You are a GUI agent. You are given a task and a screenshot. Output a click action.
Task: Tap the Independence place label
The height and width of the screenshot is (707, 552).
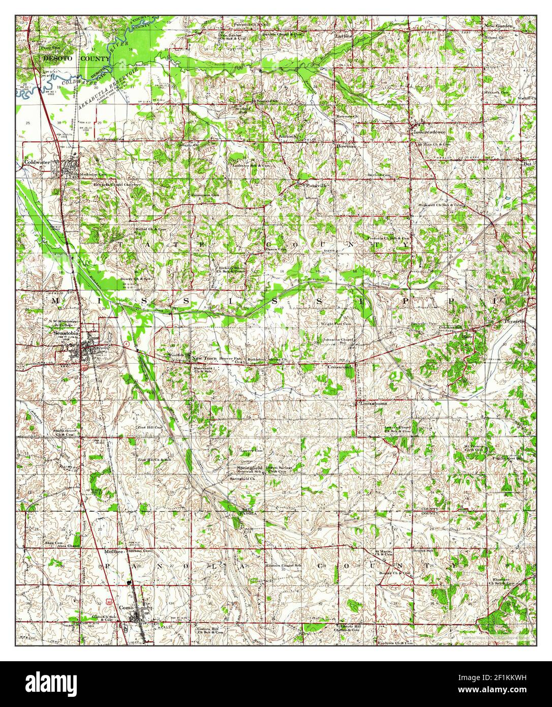430,131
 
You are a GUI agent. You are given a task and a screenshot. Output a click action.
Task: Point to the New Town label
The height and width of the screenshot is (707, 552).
204,359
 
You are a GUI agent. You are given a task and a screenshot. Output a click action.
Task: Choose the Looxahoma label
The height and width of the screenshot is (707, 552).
373,403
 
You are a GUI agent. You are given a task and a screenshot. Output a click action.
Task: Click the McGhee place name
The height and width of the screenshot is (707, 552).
114,551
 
